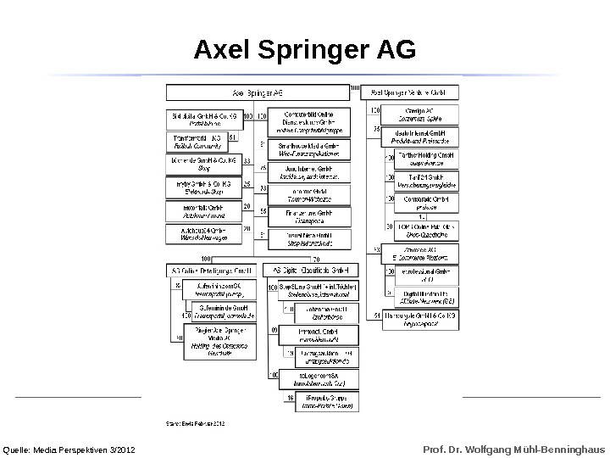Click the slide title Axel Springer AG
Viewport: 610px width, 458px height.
[305, 51]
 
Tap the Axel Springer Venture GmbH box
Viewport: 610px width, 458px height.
[410, 92]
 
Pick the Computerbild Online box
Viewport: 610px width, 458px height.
[307, 122]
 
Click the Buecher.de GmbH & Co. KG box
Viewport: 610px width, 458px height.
[203, 162]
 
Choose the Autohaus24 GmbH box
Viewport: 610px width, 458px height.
[203, 232]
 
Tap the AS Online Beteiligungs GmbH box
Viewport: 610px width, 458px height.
[208, 271]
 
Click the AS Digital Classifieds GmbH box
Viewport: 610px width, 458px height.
[310, 271]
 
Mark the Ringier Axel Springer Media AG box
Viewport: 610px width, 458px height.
[219, 341]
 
